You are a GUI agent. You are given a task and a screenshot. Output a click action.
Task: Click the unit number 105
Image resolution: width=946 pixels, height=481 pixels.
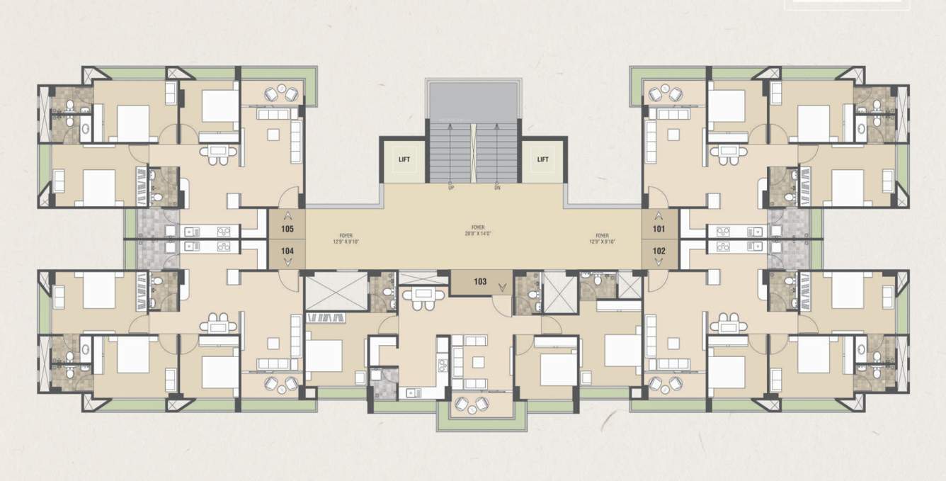(x=287, y=229)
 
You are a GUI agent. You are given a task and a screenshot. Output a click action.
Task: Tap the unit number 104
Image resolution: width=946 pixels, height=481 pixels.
(x=287, y=251)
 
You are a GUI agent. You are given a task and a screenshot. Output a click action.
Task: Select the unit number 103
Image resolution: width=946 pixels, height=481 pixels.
(x=480, y=282)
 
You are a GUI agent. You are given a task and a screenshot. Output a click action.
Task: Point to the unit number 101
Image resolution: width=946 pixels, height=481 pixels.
(x=659, y=229)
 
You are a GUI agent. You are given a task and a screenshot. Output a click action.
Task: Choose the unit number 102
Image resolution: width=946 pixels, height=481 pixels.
(x=659, y=251)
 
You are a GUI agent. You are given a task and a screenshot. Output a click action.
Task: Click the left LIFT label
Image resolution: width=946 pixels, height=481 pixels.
(x=404, y=159)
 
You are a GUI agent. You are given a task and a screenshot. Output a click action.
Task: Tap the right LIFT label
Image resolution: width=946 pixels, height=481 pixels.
(x=542, y=159)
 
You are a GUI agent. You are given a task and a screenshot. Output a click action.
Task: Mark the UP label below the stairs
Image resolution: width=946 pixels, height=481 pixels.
(x=450, y=188)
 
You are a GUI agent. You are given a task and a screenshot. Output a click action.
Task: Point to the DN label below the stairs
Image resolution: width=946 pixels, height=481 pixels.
(x=498, y=188)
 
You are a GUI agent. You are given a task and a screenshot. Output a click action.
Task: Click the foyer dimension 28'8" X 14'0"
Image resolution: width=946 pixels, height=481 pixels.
(x=473, y=233)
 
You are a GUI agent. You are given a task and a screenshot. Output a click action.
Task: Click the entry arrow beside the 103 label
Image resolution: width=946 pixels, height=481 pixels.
(x=503, y=287)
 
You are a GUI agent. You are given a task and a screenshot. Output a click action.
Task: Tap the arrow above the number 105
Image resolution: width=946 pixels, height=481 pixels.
(x=287, y=215)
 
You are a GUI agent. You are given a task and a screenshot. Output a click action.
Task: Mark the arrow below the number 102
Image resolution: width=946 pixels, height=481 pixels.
(x=659, y=263)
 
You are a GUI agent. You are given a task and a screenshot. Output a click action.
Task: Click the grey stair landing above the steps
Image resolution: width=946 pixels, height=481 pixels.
(x=473, y=102)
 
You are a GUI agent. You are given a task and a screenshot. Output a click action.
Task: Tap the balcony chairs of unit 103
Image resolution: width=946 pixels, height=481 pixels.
(x=473, y=404)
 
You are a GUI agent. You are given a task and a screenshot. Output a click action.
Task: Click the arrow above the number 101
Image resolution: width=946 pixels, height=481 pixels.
(x=659, y=215)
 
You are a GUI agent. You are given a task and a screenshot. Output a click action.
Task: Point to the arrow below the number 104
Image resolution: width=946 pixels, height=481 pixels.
(x=287, y=263)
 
